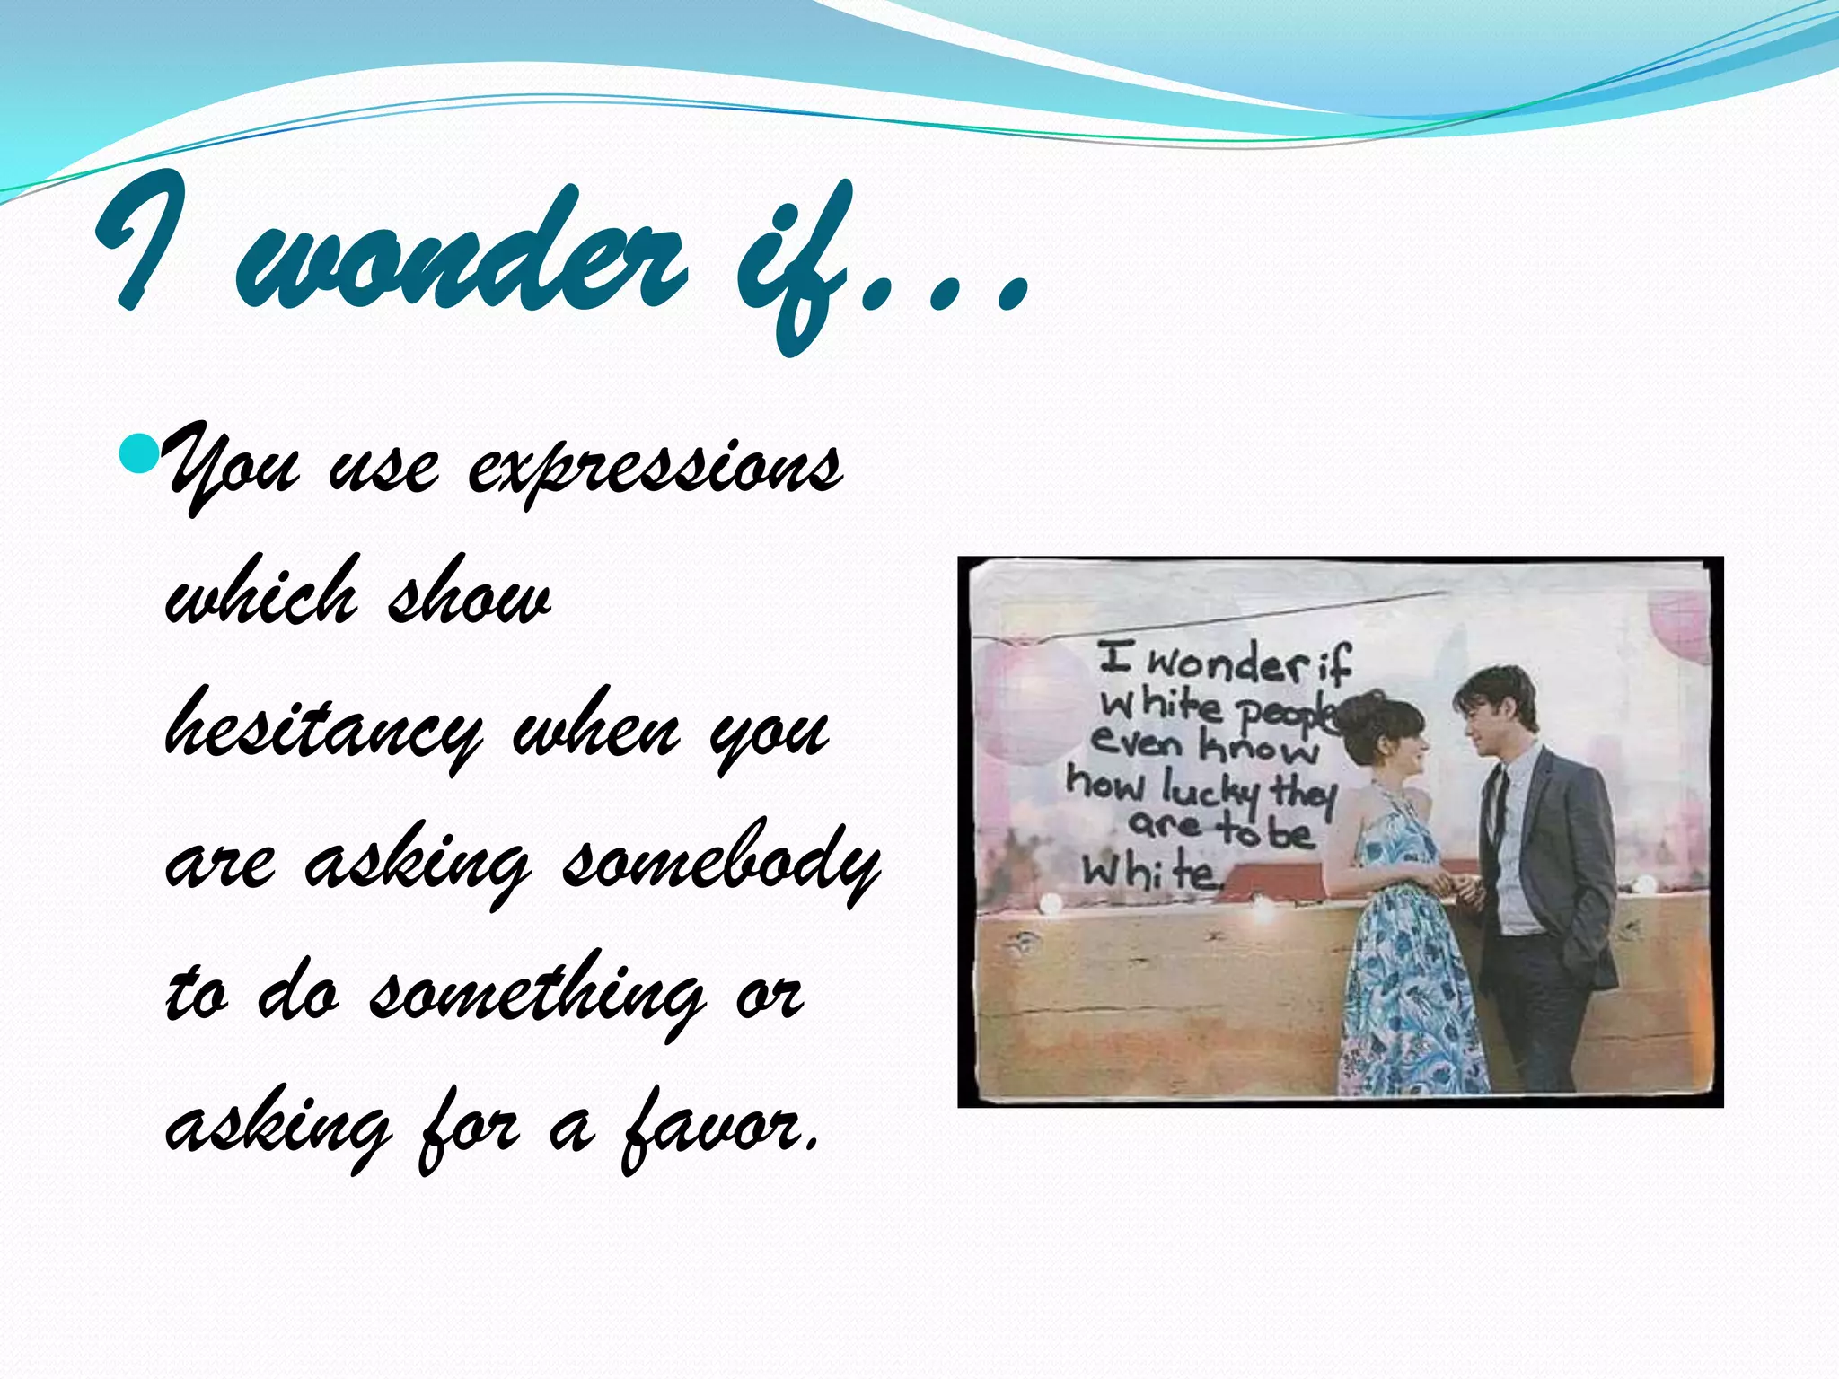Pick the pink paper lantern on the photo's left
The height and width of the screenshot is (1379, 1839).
click(x=1033, y=700)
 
